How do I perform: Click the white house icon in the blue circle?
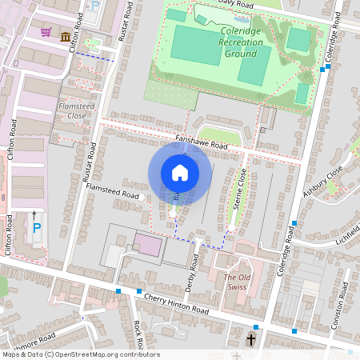(180, 173)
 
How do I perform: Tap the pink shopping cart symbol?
(46, 33)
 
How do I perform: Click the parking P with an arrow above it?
(36, 227)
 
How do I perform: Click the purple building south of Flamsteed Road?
(146, 245)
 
